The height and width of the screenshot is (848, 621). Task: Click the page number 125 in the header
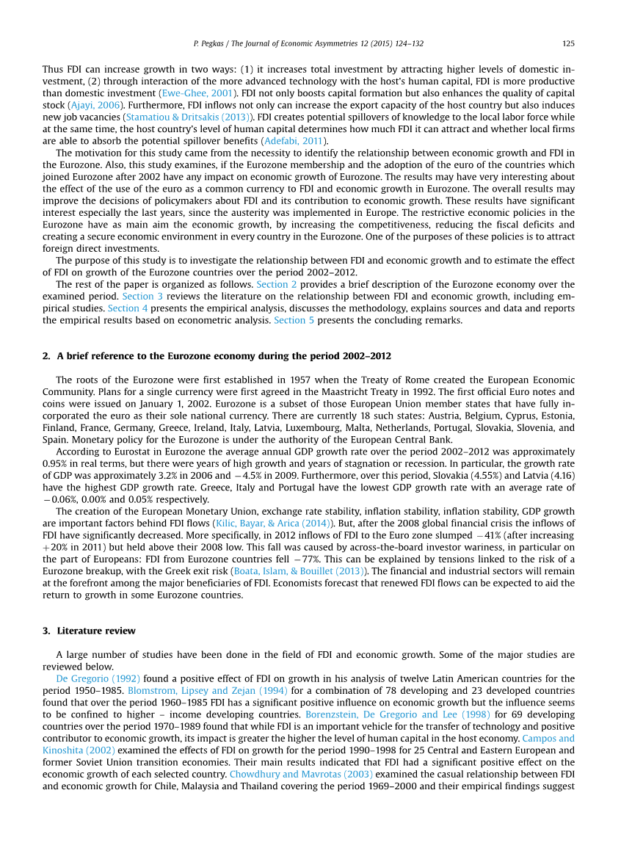click(x=568, y=44)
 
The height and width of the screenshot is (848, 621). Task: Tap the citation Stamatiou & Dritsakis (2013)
click(x=189, y=117)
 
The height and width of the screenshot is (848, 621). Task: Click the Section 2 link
click(x=277, y=284)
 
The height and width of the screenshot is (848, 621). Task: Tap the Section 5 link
click(x=294, y=320)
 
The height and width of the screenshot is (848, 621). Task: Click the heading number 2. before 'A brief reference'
click(x=46, y=356)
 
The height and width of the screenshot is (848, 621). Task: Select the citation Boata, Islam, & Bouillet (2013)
click(x=301, y=570)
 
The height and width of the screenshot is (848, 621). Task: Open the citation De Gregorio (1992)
click(x=98, y=678)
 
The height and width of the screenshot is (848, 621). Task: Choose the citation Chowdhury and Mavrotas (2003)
click(x=301, y=774)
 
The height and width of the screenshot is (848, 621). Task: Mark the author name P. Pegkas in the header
click(x=215, y=44)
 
